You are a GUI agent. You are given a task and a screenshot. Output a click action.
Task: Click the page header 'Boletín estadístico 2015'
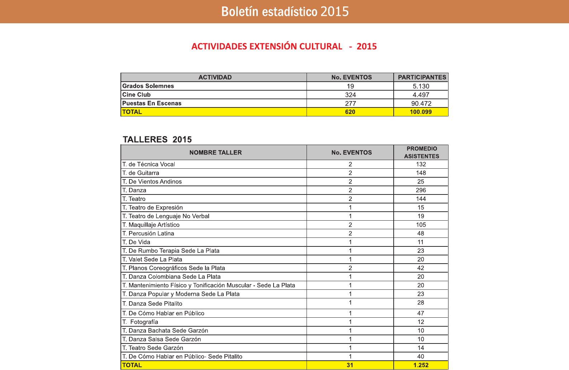click(x=285, y=11)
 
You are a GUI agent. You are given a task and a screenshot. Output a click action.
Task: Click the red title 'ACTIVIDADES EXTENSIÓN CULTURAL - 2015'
click(x=284, y=47)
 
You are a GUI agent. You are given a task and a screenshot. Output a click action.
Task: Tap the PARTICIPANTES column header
click(x=422, y=77)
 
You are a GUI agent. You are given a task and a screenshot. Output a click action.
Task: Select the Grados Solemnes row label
click(x=148, y=86)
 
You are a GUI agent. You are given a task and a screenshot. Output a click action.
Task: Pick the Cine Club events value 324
click(x=350, y=95)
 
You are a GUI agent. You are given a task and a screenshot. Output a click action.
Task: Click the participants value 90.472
click(x=421, y=104)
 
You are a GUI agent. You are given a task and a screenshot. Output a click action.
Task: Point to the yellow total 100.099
click(x=421, y=112)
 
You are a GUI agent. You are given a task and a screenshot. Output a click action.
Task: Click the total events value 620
click(x=350, y=112)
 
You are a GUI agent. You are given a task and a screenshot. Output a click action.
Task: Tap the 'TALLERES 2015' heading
click(x=157, y=139)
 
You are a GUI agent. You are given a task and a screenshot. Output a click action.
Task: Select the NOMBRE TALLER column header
click(x=215, y=153)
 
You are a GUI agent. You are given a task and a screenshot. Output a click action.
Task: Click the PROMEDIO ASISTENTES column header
click(x=422, y=153)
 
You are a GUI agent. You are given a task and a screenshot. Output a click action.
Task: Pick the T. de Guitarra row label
click(x=141, y=173)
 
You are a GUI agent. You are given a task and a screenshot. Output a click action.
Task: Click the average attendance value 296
click(x=421, y=190)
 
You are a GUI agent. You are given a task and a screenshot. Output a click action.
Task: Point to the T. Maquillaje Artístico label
click(x=151, y=225)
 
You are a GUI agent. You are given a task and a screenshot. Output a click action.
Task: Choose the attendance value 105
click(x=421, y=225)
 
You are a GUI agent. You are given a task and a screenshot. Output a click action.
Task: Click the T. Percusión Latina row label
click(x=148, y=234)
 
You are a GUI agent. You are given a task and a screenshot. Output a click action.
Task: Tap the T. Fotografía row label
click(x=140, y=322)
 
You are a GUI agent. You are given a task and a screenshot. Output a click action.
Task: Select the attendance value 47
click(x=421, y=313)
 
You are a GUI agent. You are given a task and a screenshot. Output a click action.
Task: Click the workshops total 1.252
click(x=421, y=365)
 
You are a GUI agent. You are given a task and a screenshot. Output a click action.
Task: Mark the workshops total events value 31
click(x=350, y=365)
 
